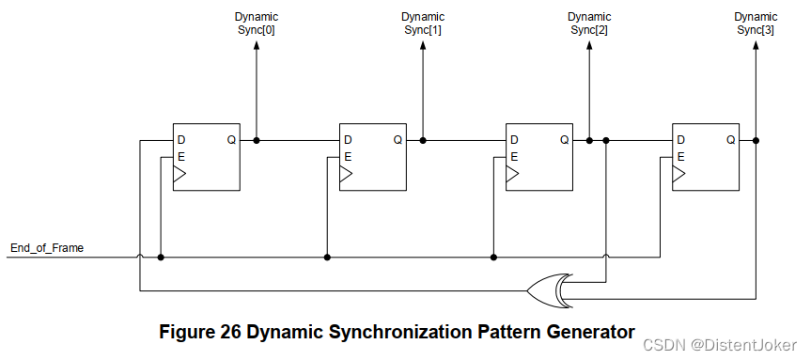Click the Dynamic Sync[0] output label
tap(256, 23)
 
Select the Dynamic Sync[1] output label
tap(422, 23)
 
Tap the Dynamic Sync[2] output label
tap(589, 23)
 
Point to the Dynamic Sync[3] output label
tap(756, 23)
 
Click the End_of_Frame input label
tap(47, 248)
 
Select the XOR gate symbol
tap(549, 290)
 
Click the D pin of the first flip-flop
tap(180, 141)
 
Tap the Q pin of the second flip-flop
tap(398, 141)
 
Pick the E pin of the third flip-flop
tap(514, 157)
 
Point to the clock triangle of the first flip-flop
tap(179, 175)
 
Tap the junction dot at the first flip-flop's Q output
tap(256, 141)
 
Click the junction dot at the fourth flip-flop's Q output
tap(756, 141)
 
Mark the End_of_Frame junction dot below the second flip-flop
tap(327, 257)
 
